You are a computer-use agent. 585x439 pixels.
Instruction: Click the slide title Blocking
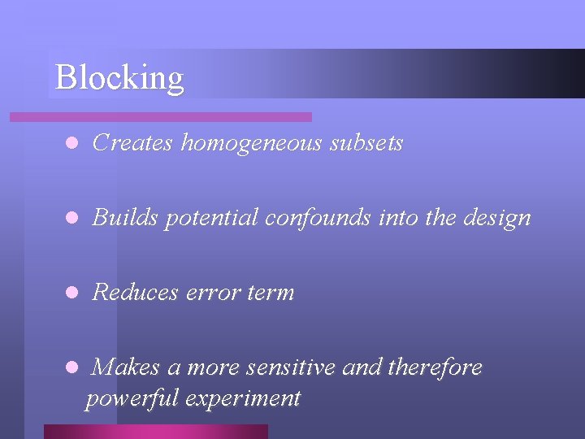click(119, 78)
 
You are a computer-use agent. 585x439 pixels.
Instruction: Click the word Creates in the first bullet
click(133, 143)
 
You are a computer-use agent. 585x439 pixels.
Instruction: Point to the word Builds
click(125, 218)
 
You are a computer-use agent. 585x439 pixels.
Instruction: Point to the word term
click(271, 293)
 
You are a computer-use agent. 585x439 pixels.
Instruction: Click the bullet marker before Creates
click(71, 144)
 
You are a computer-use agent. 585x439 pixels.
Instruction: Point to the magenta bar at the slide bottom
click(155, 432)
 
